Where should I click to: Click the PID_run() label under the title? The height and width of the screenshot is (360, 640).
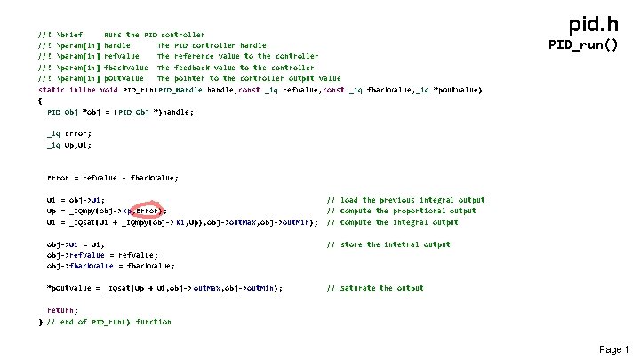[x=583, y=44]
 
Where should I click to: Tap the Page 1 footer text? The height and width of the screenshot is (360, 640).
[x=613, y=349]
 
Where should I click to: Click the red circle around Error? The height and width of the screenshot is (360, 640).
[x=148, y=212]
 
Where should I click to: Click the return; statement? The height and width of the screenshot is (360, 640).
[x=62, y=309]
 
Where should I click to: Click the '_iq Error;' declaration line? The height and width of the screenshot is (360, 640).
[x=68, y=133]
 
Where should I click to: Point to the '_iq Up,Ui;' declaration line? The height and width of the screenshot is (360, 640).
[x=69, y=144]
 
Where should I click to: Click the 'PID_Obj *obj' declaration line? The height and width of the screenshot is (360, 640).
[x=119, y=112]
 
